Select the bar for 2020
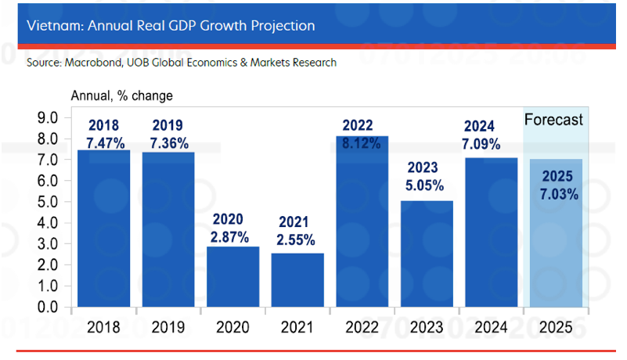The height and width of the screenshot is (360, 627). pyautogui.click(x=232, y=277)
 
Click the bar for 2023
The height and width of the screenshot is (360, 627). pyautogui.click(x=427, y=254)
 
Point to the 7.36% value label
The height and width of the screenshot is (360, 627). pyautogui.click(x=168, y=142)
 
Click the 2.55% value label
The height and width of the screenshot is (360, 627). pyautogui.click(x=297, y=239)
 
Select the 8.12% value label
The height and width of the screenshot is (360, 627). pyautogui.click(x=362, y=143)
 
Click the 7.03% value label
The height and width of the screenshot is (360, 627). pyautogui.click(x=557, y=193)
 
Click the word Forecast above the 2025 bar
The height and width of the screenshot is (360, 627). pyautogui.click(x=553, y=120)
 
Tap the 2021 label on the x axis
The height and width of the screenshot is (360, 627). pyautogui.click(x=297, y=327)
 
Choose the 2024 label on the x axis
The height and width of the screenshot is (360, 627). pyautogui.click(x=491, y=327)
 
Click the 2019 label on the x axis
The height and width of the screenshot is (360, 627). pyautogui.click(x=168, y=327)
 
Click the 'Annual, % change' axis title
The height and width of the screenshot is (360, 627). pyautogui.click(x=121, y=96)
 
